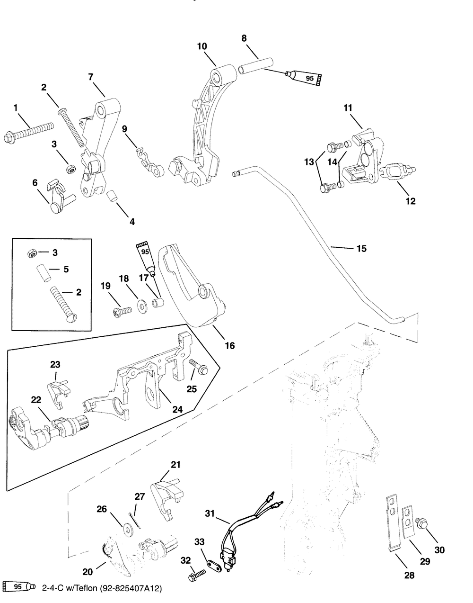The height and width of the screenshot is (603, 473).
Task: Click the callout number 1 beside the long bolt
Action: (16, 108)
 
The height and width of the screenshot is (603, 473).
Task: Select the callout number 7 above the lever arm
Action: (91, 77)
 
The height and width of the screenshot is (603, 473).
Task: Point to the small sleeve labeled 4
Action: (112, 196)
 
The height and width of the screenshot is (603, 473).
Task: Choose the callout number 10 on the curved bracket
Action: (202, 46)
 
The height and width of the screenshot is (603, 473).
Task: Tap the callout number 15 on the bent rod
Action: (361, 248)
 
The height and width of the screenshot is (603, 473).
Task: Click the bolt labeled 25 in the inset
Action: (199, 367)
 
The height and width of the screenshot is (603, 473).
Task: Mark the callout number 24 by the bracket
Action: (178, 409)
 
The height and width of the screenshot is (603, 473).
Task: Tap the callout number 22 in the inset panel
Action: (36, 400)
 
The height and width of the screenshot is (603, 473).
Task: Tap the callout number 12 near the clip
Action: (411, 201)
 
